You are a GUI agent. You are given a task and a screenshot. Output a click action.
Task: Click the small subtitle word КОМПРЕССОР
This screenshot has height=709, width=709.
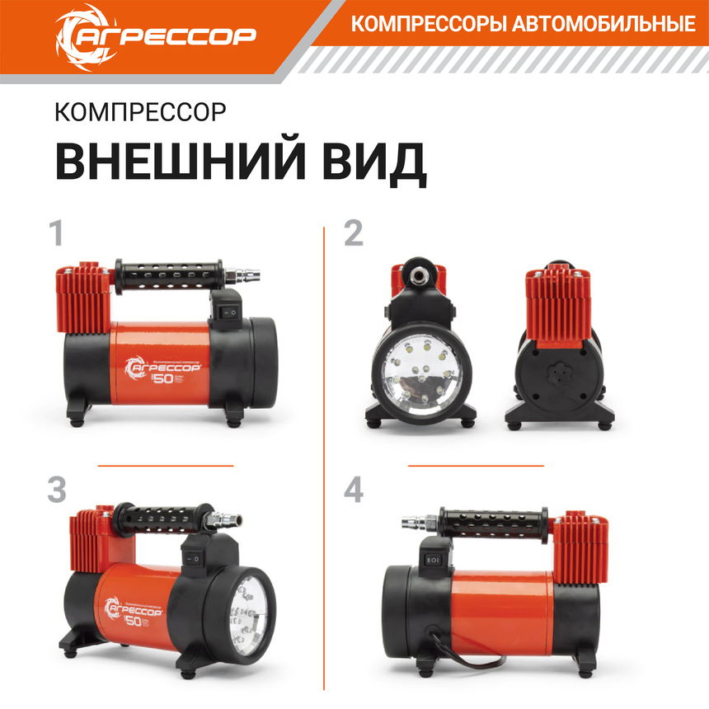pyautogui.click(x=139, y=112)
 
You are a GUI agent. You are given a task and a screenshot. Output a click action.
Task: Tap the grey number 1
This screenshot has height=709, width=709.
pyautogui.click(x=57, y=234)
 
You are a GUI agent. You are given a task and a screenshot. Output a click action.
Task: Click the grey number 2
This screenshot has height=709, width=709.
pyautogui.click(x=353, y=234)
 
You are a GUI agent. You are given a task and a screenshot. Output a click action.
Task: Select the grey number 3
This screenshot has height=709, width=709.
pyautogui.click(x=57, y=490)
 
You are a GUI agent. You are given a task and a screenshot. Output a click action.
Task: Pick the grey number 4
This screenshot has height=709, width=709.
pyautogui.click(x=354, y=490)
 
